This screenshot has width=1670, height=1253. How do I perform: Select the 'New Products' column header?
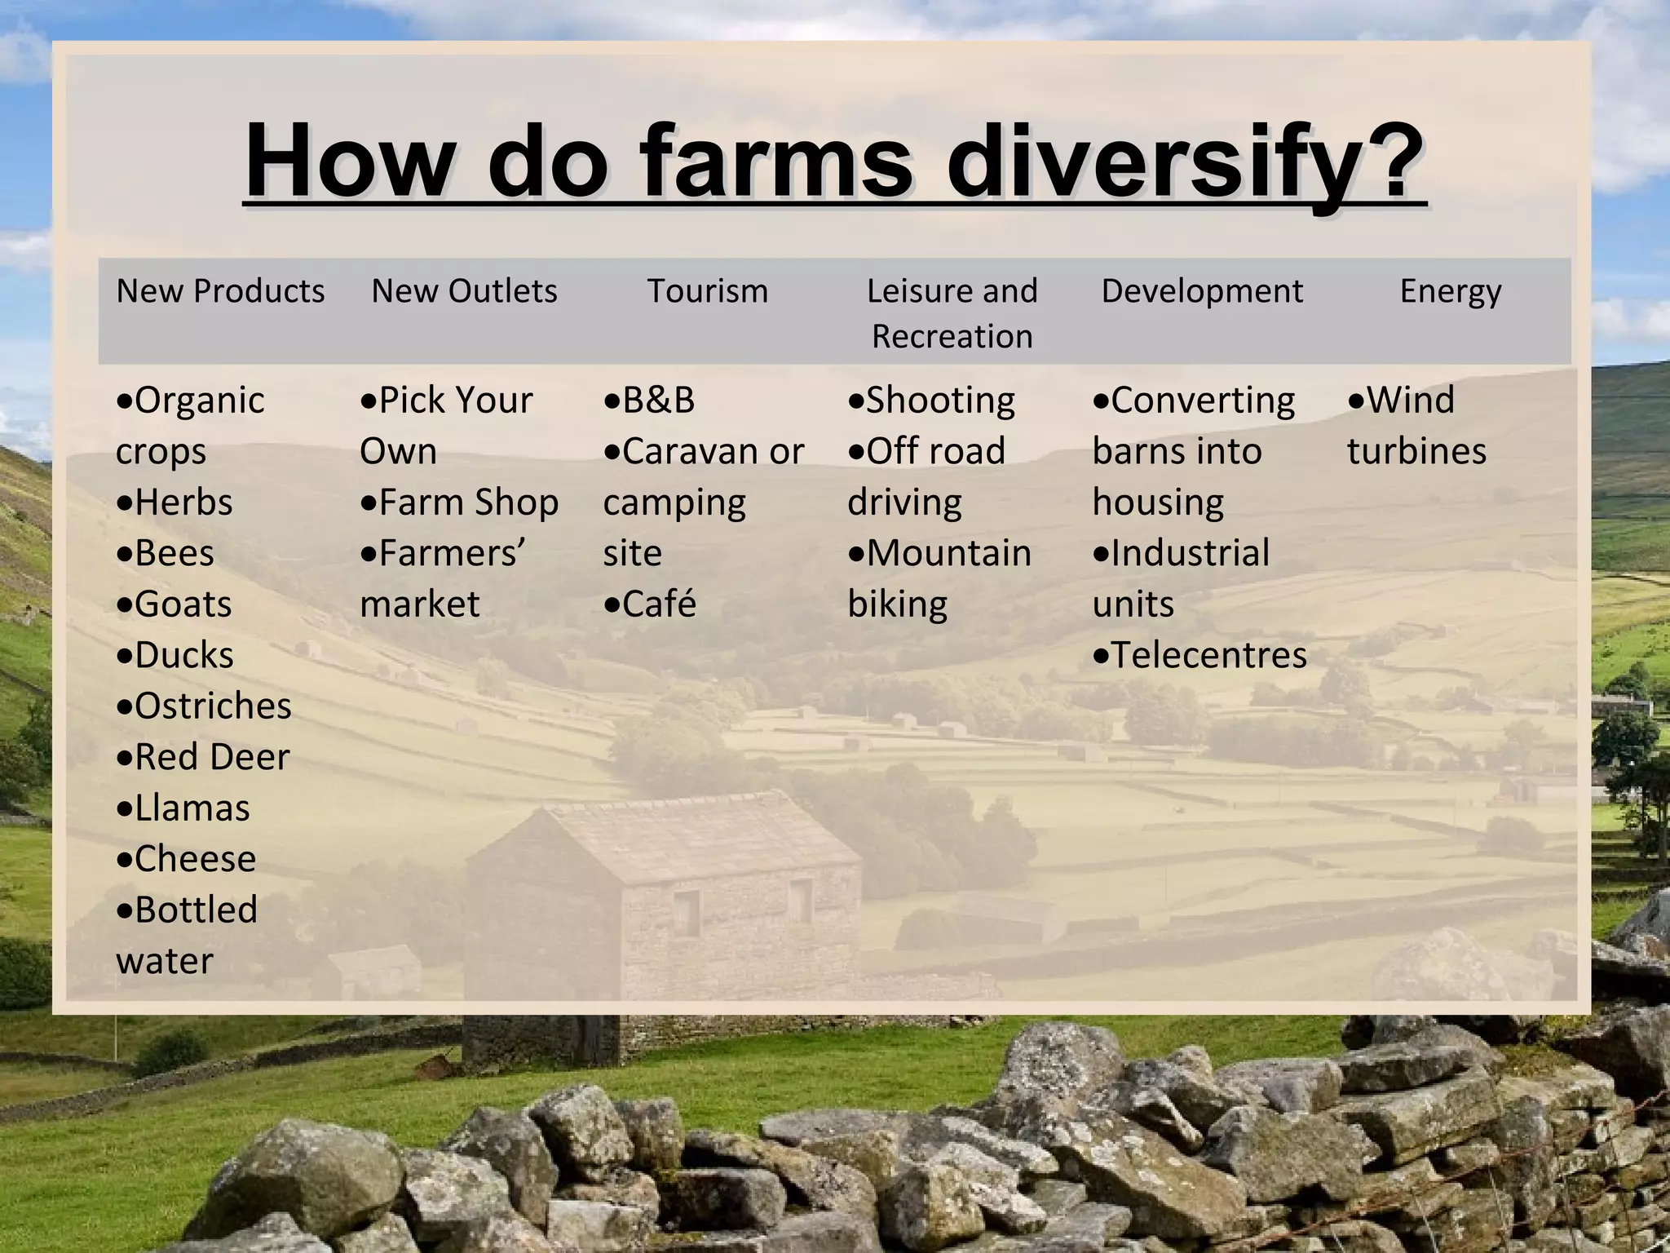click(x=220, y=291)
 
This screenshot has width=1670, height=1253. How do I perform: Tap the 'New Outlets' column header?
click(x=464, y=291)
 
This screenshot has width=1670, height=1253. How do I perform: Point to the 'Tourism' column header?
click(x=707, y=291)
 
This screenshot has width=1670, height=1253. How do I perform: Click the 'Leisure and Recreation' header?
click(x=952, y=313)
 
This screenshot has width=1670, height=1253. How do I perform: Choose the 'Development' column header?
click(x=1202, y=291)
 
